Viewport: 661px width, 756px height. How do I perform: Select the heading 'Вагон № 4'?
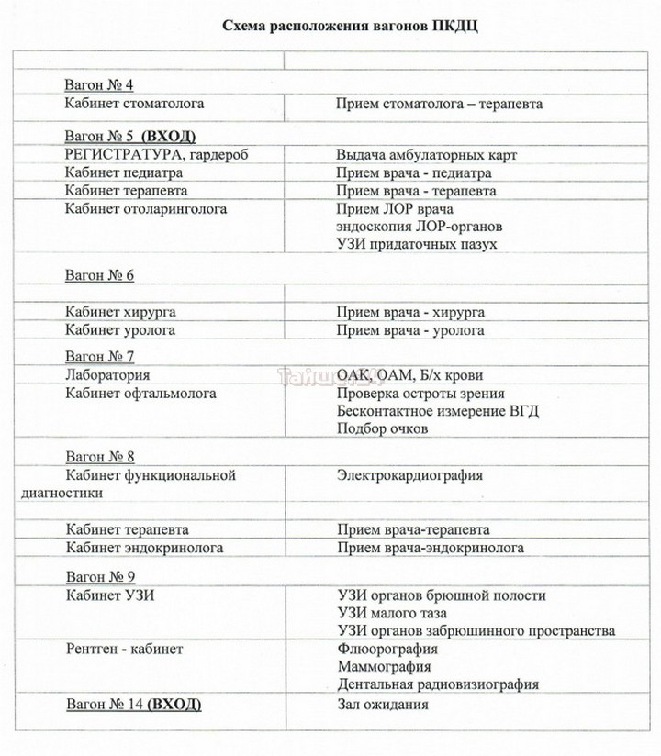click(99, 85)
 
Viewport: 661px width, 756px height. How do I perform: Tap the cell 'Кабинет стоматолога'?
click(135, 104)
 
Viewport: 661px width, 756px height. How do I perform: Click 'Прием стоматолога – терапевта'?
click(440, 104)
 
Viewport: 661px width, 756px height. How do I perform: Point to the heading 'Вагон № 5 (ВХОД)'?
click(130, 136)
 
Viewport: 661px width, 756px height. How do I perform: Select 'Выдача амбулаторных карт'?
click(427, 154)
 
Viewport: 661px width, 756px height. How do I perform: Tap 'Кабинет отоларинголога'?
click(146, 208)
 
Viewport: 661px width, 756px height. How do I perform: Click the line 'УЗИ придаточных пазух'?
click(417, 244)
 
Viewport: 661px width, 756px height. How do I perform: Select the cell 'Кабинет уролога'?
click(120, 330)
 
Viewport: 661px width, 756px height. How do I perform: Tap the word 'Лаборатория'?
click(107, 375)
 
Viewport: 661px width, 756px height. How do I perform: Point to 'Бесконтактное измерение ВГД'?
click(438, 411)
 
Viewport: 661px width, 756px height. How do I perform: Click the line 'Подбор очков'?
click(381, 429)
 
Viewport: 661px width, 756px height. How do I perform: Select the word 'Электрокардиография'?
click(410, 475)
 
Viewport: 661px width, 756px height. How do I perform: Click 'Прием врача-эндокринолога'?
click(431, 548)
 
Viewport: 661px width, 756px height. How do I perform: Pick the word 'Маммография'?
click(384, 666)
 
